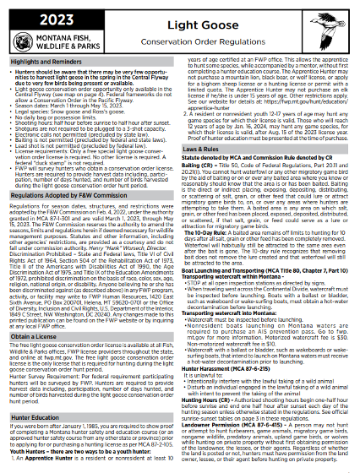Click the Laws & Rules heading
coord(210,149)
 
